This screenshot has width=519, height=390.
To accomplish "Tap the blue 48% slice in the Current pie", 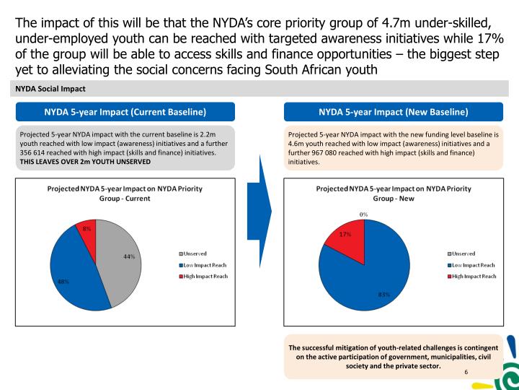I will (x=72, y=271).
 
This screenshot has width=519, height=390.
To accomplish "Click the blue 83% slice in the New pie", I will (x=371, y=278).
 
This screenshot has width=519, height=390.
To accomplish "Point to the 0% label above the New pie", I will (x=364, y=214).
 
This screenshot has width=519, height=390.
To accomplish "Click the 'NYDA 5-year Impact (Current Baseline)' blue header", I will (x=125, y=112).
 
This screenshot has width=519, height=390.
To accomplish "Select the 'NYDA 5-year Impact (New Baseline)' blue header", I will (x=393, y=112).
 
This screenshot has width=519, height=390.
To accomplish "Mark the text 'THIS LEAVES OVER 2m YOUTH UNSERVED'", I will (x=85, y=162).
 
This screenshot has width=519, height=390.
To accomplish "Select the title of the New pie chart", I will (x=394, y=194).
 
